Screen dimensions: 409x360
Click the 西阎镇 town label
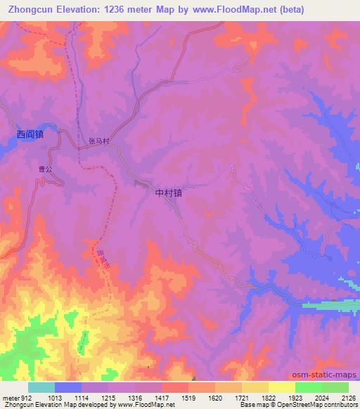30,134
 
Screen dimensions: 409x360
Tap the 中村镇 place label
168,191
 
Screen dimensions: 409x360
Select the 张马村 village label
99,141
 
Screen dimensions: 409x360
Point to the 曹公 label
46,169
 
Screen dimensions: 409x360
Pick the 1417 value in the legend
162,396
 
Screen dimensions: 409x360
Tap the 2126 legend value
348,396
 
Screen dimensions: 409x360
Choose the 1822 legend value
269,396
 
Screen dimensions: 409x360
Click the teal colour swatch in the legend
41,387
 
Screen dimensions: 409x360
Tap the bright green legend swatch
308,387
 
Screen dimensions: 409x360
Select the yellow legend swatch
281,387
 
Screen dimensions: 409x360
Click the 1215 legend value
108,396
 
